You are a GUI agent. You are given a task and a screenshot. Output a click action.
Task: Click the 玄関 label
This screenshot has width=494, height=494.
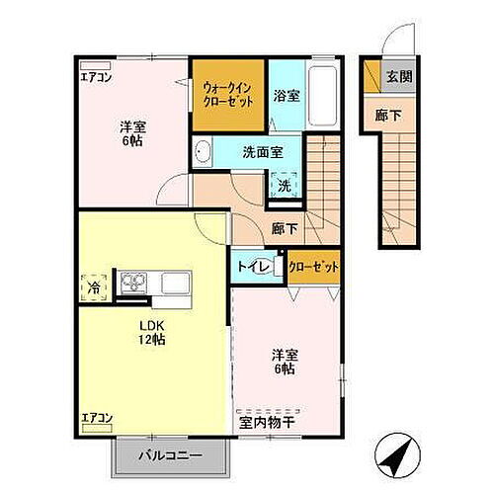pyautogui.click(x=397, y=77)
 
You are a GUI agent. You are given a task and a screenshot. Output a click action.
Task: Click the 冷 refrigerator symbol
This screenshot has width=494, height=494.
pyautogui.click(x=92, y=288)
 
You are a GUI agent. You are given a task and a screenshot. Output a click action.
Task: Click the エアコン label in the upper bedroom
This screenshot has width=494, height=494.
pyautogui.click(x=96, y=76)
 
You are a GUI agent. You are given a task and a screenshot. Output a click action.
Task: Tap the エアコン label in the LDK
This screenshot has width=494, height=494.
pyautogui.click(x=97, y=417)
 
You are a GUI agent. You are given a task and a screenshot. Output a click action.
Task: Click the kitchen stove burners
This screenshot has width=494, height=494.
pyautogui.click(x=132, y=285)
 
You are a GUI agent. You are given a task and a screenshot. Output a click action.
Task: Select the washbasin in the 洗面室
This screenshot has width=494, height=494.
pyautogui.click(x=204, y=152)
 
